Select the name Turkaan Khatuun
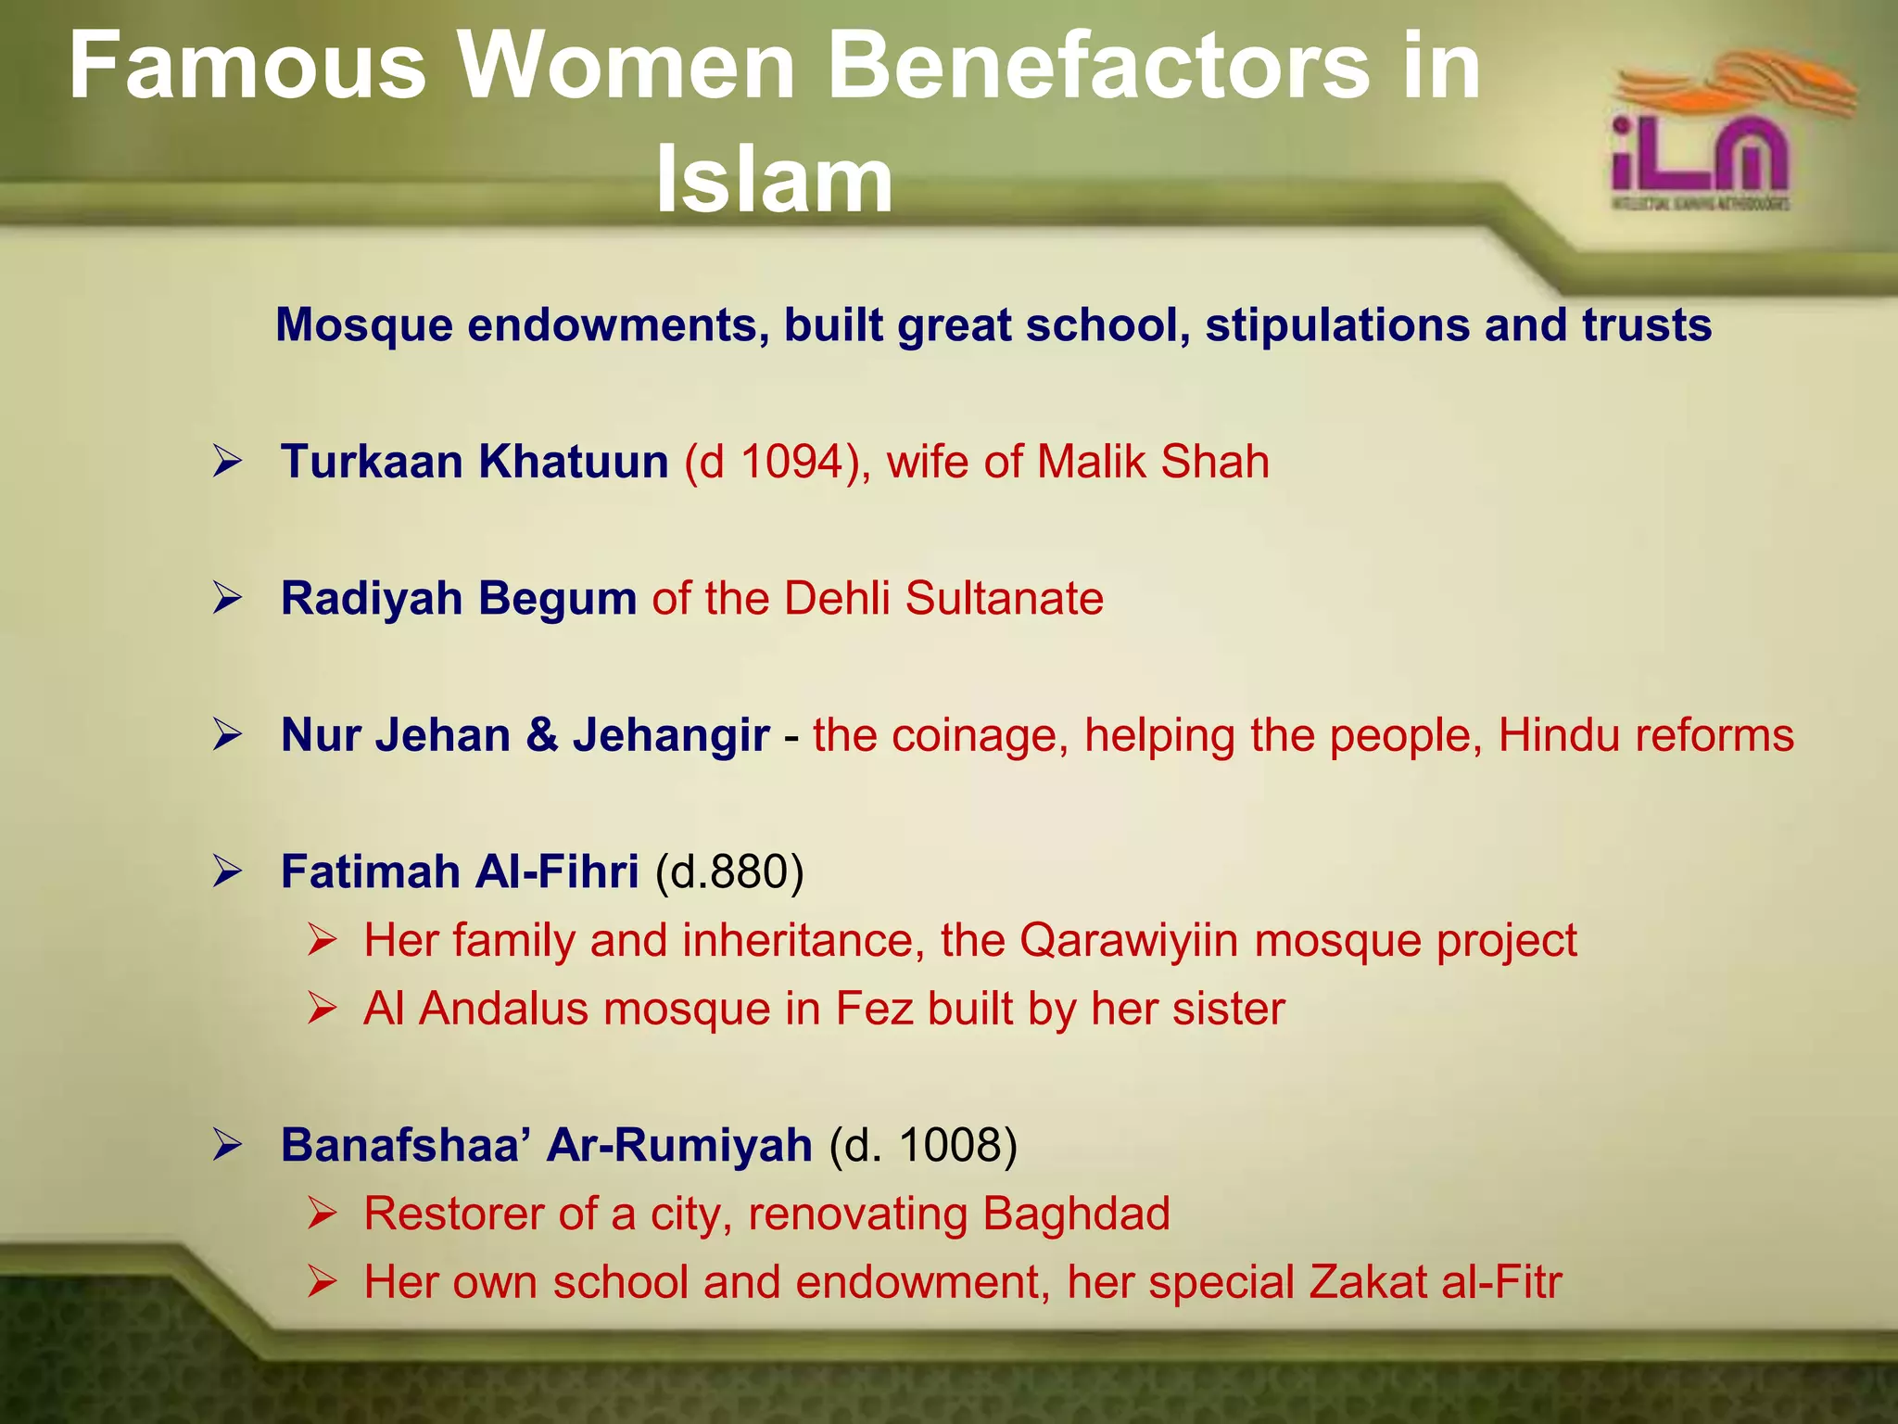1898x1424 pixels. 474,462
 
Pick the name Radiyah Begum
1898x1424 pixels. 459,598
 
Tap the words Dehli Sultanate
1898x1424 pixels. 943,598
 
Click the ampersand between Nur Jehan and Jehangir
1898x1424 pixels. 541,735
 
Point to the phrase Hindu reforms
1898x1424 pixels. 1646,735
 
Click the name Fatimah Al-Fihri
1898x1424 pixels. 460,871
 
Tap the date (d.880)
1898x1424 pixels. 729,871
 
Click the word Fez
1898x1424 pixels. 874,1009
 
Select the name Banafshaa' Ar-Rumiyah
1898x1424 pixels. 547,1145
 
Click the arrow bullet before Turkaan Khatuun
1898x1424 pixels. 227,462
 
